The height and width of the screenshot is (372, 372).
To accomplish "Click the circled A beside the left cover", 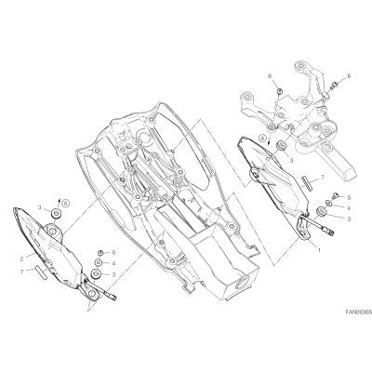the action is pos(65,204).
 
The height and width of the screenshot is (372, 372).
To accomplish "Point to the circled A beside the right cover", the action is pos(263,138).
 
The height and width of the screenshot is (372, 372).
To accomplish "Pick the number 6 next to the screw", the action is pos(350,75).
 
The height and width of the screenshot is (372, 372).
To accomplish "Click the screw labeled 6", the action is pos(332,86).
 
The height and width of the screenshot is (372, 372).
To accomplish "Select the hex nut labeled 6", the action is pos(279,91).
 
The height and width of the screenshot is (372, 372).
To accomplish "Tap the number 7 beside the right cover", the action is pos(323,177).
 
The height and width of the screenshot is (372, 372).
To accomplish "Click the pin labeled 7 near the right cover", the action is pos(304,181).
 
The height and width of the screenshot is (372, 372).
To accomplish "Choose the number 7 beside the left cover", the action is pos(21,272).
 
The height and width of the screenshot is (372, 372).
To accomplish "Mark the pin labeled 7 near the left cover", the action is pos(41,272).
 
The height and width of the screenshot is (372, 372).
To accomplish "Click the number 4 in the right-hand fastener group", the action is pos(349,208).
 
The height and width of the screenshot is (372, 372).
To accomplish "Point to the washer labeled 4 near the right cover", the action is pos(329,204).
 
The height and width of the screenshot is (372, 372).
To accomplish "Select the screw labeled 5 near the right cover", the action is pos(335,195).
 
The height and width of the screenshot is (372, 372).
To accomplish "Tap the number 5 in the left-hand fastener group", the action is pos(113,253).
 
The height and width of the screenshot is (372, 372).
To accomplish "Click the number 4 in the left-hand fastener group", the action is pos(113,263).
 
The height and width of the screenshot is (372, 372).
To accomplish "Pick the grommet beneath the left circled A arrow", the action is pos(56,213).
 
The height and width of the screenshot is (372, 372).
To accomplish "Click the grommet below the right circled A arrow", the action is pos(282,145).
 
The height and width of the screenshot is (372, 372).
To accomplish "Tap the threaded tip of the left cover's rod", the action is pos(113,298).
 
